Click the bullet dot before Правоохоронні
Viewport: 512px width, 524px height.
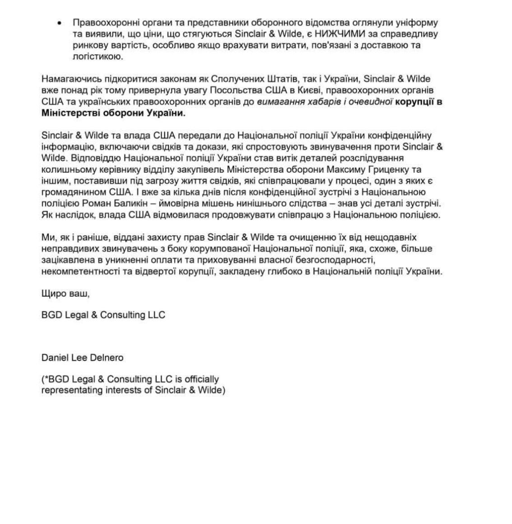[x=60, y=23]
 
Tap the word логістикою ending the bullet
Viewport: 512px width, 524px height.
[x=97, y=56]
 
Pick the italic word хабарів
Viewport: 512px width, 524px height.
[x=331, y=102]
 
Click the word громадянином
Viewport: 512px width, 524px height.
[x=71, y=192]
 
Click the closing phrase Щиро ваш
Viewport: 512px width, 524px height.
[x=65, y=293]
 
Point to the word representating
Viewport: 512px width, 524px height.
[x=72, y=390]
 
